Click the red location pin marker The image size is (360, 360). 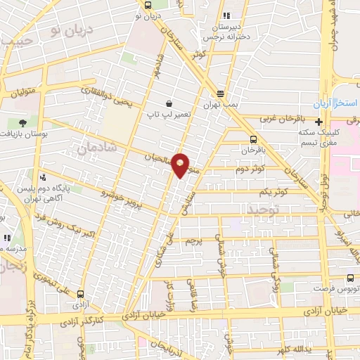[x=181, y=165]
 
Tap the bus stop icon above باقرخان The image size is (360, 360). [x=254, y=139]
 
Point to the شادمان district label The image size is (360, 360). [x=96, y=149]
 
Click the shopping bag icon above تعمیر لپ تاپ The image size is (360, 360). [x=168, y=102]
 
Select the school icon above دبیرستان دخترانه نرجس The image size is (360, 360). [x=225, y=15]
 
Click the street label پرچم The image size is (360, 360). [x=194, y=240]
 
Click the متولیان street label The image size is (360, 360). [x=22, y=91]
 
